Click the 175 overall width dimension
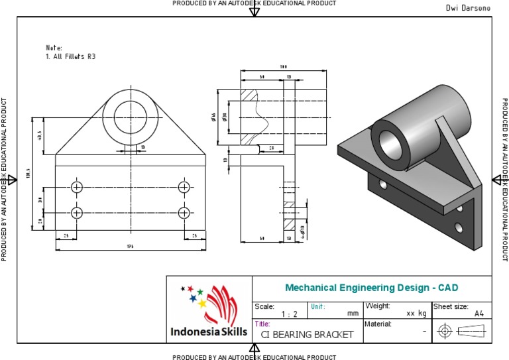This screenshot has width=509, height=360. pyautogui.click(x=131, y=247)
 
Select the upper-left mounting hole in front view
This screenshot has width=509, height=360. pyautogui.click(x=78, y=186)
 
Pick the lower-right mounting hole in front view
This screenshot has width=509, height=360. pyautogui.click(x=184, y=213)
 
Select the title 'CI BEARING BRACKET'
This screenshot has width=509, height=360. pyautogui.click(x=307, y=335)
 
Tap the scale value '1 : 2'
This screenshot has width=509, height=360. pyautogui.click(x=289, y=314)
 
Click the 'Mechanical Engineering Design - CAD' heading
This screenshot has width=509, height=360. pyautogui.click(x=371, y=288)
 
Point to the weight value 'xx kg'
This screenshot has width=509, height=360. pyautogui.click(x=416, y=313)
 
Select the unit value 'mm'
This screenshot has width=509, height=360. pyautogui.click(x=353, y=314)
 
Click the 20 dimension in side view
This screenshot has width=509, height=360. pyautogui.click(x=272, y=147)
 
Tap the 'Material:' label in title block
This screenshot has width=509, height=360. pyautogui.click(x=378, y=324)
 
